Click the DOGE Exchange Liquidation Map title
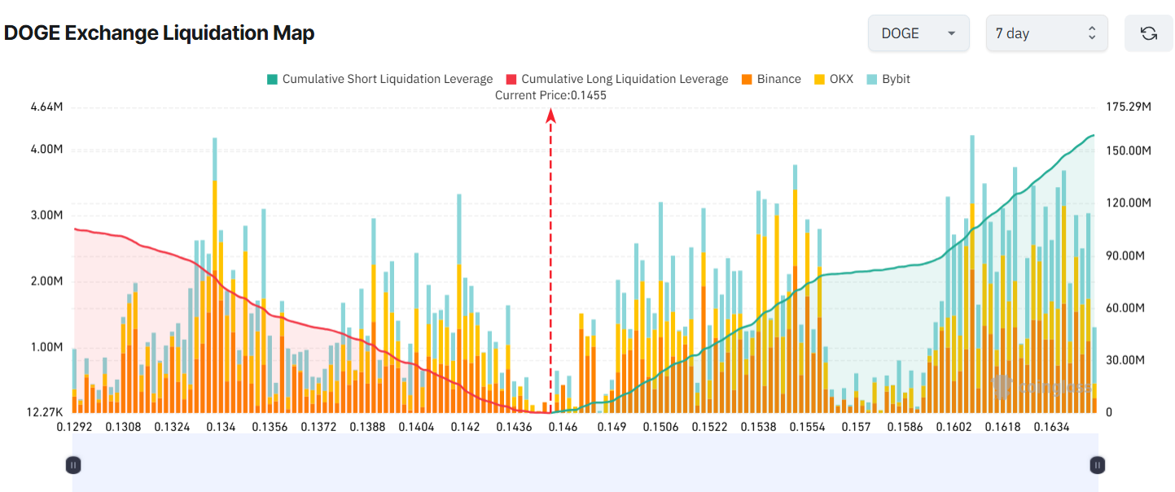tap(160, 33)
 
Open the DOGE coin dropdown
tap(918, 33)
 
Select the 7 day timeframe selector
tap(1046, 33)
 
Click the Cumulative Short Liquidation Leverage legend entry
tap(379, 79)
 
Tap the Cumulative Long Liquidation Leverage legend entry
tap(617, 79)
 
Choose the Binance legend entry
tap(771, 79)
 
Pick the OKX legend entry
tap(834, 79)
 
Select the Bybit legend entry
tap(888, 79)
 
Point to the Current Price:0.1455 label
tap(550, 95)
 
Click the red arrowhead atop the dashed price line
tap(550, 115)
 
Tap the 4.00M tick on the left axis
tap(46, 150)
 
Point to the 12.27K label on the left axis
tap(45, 412)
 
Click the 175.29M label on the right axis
tap(1128, 107)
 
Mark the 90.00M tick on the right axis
tap(1125, 255)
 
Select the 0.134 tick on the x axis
tap(221, 427)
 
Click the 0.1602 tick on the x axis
tap(954, 427)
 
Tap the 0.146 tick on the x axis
tap(563, 427)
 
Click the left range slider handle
tap(73, 465)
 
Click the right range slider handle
tap(1098, 465)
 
